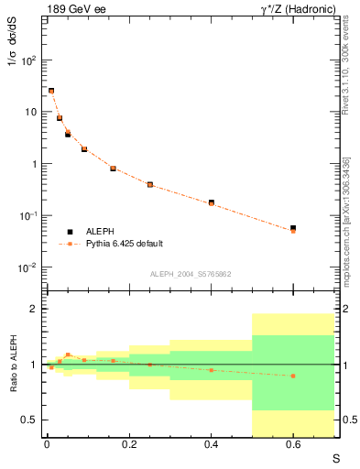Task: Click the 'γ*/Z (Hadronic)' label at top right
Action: [x=294, y=9]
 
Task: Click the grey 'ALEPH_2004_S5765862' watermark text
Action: [x=191, y=275]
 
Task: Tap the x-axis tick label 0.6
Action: [x=293, y=444]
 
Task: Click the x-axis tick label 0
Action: [x=47, y=444]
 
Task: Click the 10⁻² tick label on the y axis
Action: [x=28, y=267]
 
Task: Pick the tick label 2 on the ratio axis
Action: [x=34, y=309]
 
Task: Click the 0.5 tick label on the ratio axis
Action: [x=30, y=420]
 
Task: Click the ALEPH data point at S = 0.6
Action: [x=293, y=228]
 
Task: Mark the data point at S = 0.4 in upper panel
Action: [x=212, y=202]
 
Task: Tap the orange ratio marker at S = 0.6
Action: [x=293, y=376]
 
